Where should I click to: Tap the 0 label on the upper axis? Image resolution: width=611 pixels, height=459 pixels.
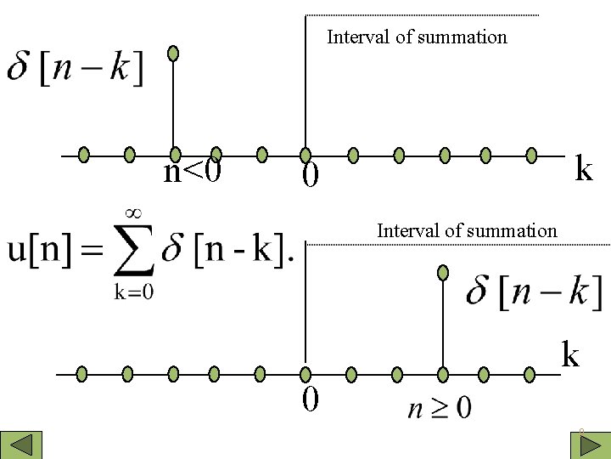tap(311, 176)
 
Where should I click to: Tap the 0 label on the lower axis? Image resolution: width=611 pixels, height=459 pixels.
tap(311, 398)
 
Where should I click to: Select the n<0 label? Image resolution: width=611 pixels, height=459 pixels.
tap(193, 172)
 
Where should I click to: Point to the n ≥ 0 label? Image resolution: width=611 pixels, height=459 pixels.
tap(440, 407)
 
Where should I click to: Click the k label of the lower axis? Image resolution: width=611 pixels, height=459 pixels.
tap(570, 354)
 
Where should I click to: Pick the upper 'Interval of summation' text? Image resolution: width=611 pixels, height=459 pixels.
tap(417, 37)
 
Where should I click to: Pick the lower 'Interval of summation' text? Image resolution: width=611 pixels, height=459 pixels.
tap(467, 230)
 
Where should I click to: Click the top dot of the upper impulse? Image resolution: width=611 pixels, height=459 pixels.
tap(173, 54)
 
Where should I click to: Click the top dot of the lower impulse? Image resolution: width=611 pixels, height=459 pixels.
tap(442, 273)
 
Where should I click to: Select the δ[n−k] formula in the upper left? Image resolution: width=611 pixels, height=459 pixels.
tap(75, 66)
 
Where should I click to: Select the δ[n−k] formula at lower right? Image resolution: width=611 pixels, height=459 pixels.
tap(535, 293)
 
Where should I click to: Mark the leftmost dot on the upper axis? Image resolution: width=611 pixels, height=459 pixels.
tap(84, 155)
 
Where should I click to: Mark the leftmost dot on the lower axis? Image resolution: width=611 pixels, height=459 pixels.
tap(82, 373)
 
